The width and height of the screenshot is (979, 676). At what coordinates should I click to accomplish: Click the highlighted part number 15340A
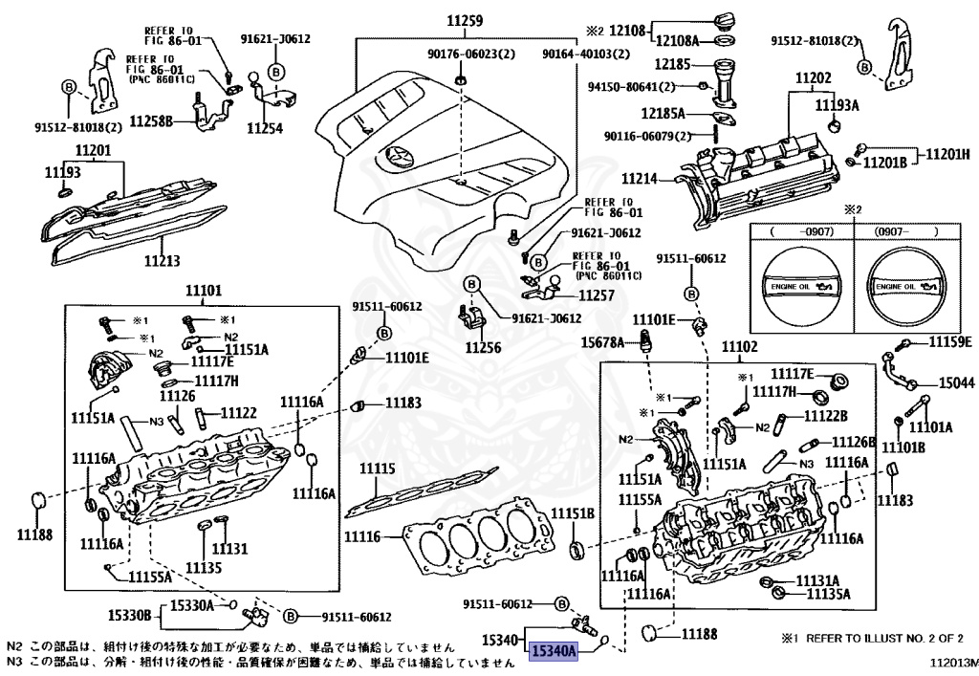555,651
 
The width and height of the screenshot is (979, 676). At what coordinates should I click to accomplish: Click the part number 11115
377,469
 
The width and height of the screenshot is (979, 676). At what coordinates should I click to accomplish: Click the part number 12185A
676,113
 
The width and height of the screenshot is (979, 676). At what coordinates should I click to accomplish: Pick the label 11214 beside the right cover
639,179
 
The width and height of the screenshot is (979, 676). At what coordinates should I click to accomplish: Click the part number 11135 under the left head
203,568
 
